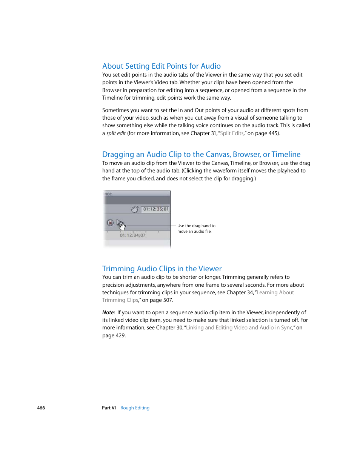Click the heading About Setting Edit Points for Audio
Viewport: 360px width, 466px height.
[161, 66]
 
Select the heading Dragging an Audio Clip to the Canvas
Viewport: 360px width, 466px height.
[201, 154]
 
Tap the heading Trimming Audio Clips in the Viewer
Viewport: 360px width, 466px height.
[162, 269]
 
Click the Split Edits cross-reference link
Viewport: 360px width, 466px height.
[232, 133]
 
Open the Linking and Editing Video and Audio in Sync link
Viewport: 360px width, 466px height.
[239, 328]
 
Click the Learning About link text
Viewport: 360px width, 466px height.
[275, 292]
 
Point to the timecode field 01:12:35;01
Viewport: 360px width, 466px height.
[155, 209]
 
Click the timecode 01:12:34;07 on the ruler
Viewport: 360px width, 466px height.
[132, 235]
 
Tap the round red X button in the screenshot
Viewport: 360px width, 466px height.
[110, 223]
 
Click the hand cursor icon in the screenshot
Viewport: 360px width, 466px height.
[121, 225]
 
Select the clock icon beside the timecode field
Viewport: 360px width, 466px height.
[135, 209]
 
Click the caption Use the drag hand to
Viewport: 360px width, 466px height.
[196, 226]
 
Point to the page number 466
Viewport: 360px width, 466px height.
[41, 408]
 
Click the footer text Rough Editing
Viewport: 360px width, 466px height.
[135, 408]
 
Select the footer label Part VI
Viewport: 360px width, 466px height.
[109, 408]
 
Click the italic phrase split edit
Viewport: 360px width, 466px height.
[116, 133]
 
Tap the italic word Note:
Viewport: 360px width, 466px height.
[109, 312]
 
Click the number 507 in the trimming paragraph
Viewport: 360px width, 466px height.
[167, 300]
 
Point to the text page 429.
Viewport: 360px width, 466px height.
[114, 335]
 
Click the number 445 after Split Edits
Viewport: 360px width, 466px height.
[273, 133]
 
